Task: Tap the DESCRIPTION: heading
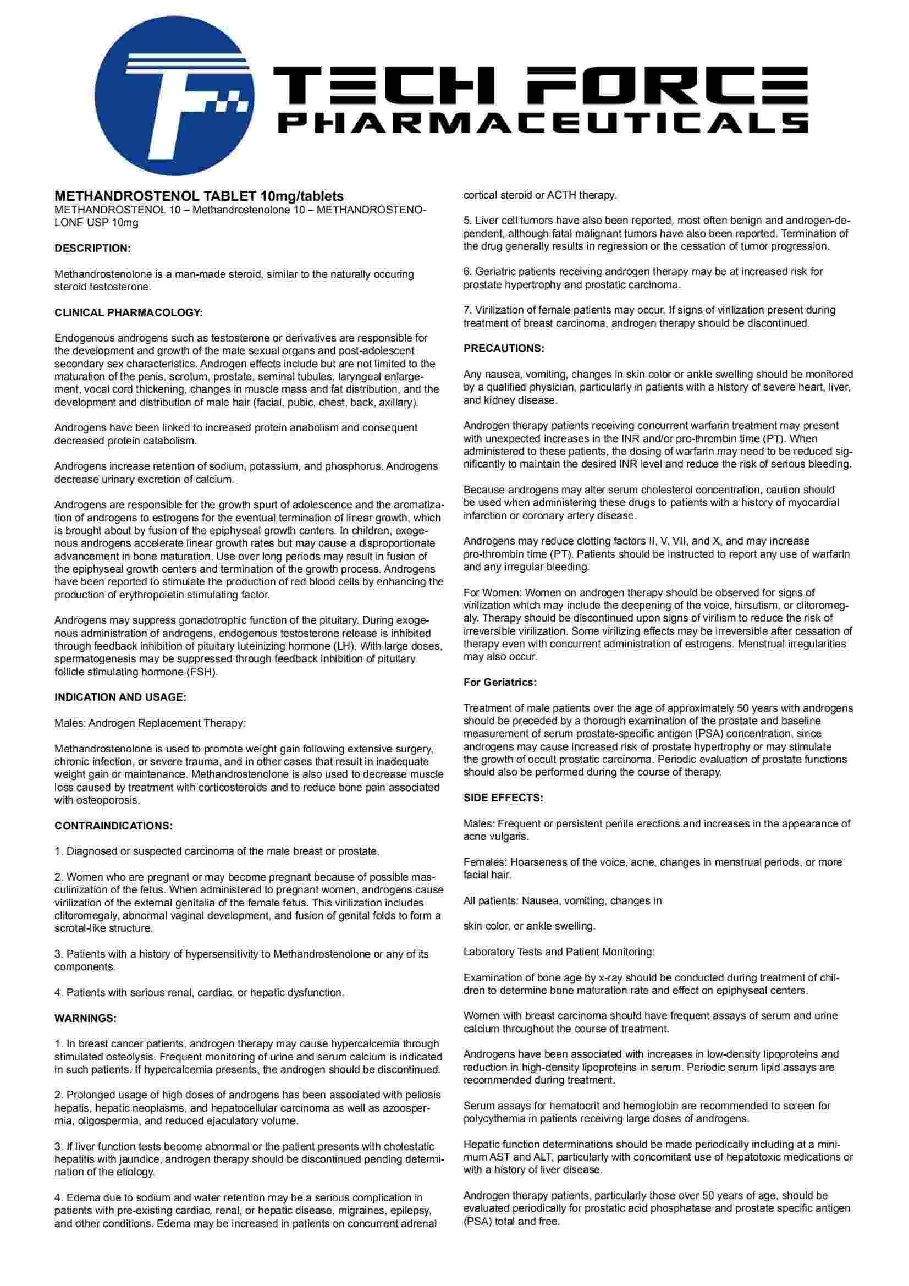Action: [x=92, y=248]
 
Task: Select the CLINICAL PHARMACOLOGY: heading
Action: [x=128, y=312]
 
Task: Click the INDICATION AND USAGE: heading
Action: [x=120, y=697]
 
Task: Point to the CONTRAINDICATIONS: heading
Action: [x=114, y=826]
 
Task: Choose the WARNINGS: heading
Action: [x=85, y=1018]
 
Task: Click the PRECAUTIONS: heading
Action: [x=504, y=348]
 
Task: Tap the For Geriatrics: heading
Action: [x=499, y=682]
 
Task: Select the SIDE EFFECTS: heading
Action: [x=503, y=798]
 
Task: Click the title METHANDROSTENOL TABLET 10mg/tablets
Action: [x=199, y=196]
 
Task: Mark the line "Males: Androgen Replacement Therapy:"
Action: [x=150, y=723]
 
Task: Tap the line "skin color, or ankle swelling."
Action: [x=529, y=926]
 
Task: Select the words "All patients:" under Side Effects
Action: [x=491, y=900]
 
